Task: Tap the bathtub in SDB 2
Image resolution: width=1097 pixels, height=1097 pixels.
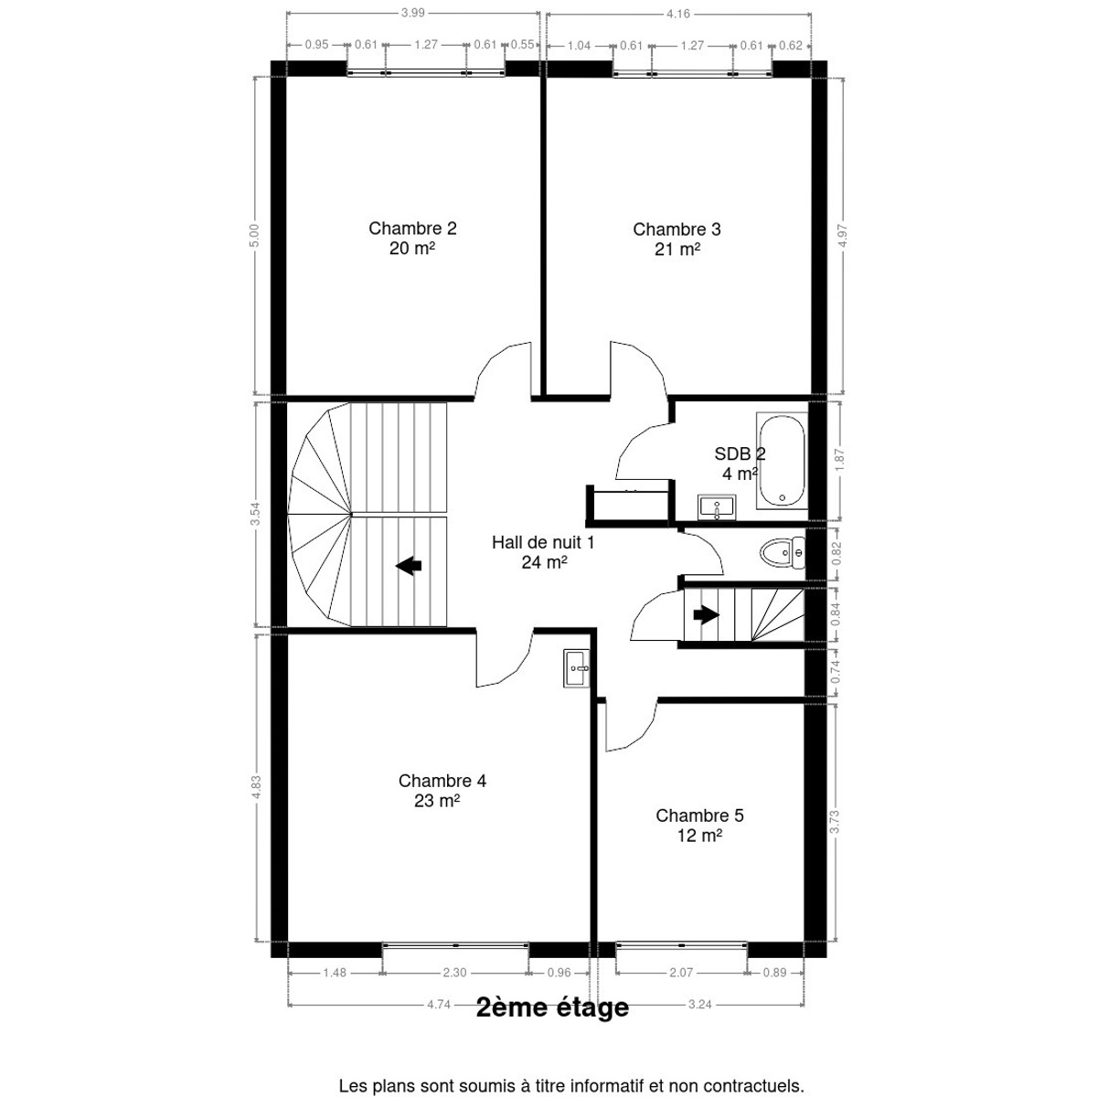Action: [x=783, y=461]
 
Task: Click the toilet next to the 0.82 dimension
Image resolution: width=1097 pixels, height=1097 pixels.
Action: [x=783, y=552]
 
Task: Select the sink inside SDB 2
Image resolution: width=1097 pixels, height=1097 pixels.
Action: [x=717, y=507]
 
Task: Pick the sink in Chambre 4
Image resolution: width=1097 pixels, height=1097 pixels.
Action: [x=577, y=668]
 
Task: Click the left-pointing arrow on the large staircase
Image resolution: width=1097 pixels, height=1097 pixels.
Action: [x=408, y=566]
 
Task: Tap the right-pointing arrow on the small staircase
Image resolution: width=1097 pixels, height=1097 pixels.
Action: [x=706, y=615]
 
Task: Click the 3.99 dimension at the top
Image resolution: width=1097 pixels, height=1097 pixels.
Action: [x=412, y=13]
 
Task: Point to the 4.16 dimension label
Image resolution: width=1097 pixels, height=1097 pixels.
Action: [x=678, y=14]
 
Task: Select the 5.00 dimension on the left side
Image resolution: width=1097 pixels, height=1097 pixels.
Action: [x=254, y=235]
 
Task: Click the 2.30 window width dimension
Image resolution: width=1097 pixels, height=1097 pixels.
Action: [x=455, y=973]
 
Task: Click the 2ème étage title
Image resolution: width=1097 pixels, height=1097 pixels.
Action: [x=552, y=1007]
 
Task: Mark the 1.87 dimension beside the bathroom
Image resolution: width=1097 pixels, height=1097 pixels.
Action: [x=838, y=460]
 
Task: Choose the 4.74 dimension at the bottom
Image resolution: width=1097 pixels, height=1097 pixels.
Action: [x=439, y=1005]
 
